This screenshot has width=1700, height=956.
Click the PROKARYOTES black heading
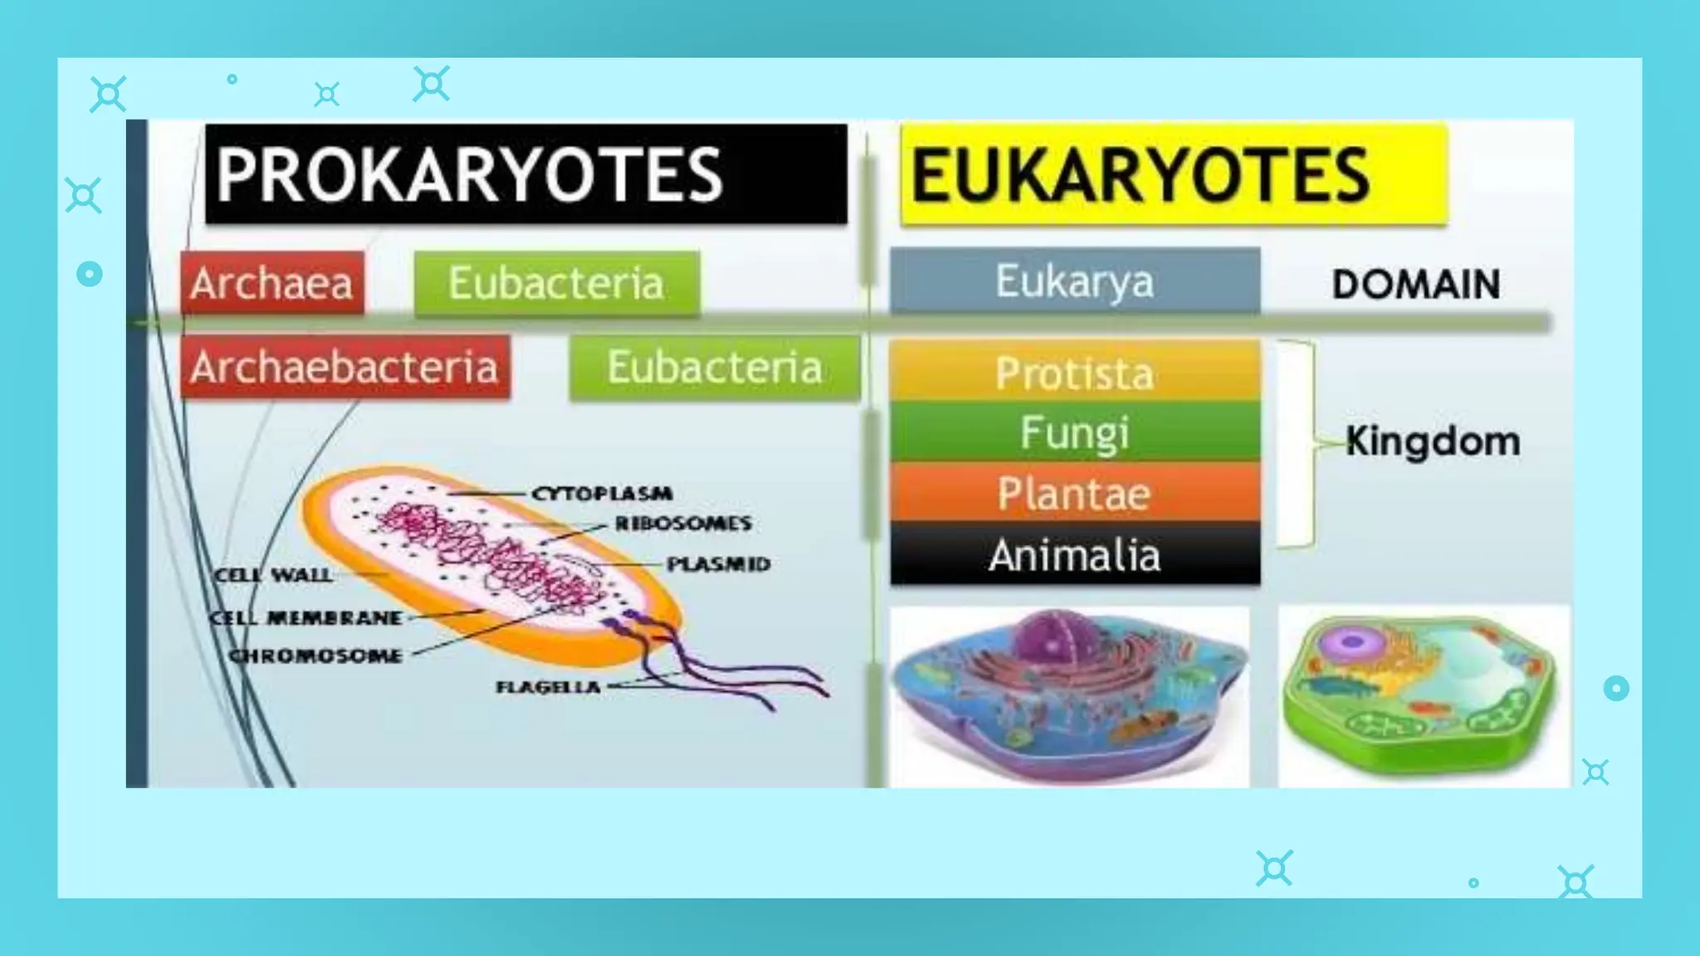coord(525,174)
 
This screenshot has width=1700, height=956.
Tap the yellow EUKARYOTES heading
coord(1173,175)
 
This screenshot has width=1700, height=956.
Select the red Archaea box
coord(271,283)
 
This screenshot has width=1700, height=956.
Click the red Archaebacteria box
coord(344,367)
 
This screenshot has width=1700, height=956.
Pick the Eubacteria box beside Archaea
coord(556,283)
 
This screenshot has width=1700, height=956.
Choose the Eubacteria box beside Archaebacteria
coord(714,367)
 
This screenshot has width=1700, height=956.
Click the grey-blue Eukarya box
coord(1074,281)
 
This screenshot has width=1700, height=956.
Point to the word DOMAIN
coord(1415,285)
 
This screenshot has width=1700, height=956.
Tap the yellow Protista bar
coord(1074,373)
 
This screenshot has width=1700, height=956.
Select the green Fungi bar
coord(1074,432)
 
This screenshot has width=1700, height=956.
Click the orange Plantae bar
coord(1074,493)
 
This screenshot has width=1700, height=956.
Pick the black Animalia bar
coord(1074,554)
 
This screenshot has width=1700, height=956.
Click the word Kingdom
coord(1433,441)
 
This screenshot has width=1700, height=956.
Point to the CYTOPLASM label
coord(602,494)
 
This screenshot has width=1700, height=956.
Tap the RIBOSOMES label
coord(683,524)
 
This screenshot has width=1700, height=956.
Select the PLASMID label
coord(719,564)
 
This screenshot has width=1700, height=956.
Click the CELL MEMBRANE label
coord(305,618)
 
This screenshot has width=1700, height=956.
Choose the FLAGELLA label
coord(548,687)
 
